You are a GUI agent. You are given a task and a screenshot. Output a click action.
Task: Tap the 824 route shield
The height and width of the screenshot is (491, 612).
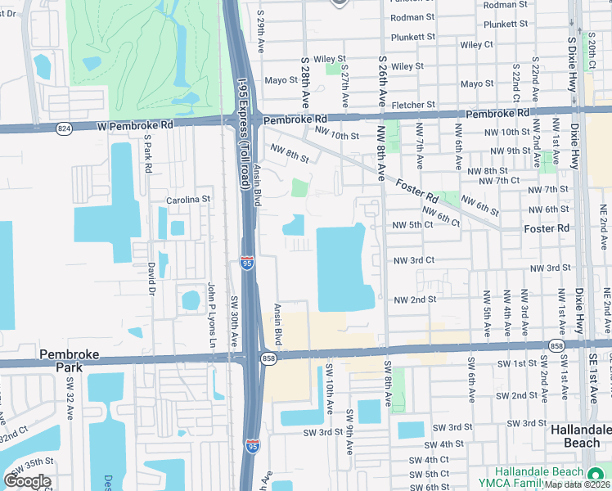tap(63, 128)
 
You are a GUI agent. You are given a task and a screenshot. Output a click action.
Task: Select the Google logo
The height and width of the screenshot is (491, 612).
tap(27, 481)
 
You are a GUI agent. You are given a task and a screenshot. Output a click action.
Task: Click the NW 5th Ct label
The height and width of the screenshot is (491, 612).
tap(412, 225)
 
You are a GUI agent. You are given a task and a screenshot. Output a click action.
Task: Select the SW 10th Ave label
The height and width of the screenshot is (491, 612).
tap(330, 388)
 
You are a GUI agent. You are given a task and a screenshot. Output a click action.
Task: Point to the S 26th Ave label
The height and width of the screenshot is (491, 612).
tap(382, 81)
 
